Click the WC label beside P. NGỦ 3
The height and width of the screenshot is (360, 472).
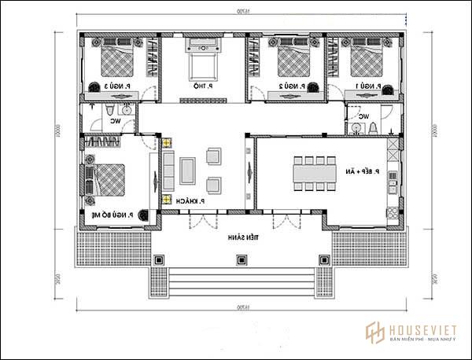[x=116, y=121]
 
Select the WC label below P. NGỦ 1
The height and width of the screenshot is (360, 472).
[x=364, y=117]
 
